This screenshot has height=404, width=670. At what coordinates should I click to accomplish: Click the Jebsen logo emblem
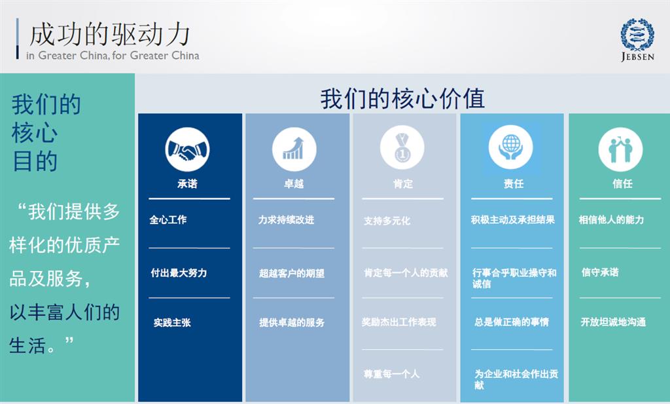[637, 35]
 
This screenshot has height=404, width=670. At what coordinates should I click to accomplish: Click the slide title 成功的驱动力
[109, 35]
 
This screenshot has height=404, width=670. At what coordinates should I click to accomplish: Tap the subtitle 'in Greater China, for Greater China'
[113, 56]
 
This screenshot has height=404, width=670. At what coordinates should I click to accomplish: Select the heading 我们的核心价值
[402, 98]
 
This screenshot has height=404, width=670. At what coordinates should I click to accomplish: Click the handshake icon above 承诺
[187, 149]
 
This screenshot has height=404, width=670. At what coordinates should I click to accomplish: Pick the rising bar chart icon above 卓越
[294, 149]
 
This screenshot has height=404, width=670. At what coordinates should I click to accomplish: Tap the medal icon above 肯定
[402, 147]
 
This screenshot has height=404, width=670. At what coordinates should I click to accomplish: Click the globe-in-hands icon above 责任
[510, 147]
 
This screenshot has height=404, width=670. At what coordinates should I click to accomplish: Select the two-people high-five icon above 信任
[620, 149]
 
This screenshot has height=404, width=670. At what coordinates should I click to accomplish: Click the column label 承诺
[187, 184]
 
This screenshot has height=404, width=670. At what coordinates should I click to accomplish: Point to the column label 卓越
[294, 184]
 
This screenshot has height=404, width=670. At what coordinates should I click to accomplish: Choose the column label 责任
[514, 184]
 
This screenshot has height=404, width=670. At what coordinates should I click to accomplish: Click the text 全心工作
[168, 220]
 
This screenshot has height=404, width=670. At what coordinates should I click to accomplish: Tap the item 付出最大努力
[179, 273]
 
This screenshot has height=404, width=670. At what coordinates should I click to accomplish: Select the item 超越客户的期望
[292, 273]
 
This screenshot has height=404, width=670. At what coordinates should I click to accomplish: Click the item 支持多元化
[387, 221]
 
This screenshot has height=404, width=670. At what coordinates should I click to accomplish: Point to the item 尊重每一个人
[391, 374]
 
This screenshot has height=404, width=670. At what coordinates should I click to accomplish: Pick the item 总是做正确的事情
[512, 322]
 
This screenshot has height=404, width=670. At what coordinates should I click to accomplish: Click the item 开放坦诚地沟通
[613, 322]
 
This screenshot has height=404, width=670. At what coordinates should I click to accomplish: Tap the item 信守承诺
[600, 272]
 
